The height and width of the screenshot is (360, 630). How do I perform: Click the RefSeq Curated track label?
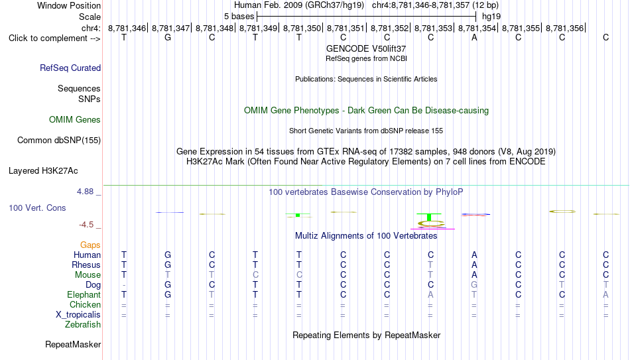click(x=70, y=68)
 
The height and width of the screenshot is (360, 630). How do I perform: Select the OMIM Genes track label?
click(x=75, y=120)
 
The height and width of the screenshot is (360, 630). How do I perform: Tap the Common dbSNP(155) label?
click(x=59, y=141)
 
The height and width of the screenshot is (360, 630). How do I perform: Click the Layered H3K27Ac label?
click(x=43, y=171)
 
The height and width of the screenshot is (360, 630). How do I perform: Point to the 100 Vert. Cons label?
click(x=37, y=208)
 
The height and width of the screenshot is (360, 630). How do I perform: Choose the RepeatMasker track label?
click(x=73, y=344)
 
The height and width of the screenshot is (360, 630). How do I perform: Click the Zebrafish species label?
click(x=83, y=324)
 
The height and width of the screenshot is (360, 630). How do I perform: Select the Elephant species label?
click(x=84, y=294)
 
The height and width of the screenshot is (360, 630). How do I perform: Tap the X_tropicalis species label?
click(x=78, y=315)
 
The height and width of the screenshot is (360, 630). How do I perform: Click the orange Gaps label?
click(x=90, y=245)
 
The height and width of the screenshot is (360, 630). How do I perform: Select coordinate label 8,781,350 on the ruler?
click(x=302, y=28)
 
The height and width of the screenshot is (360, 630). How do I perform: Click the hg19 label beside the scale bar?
click(x=491, y=17)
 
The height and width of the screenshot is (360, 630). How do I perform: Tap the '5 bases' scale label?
click(x=239, y=17)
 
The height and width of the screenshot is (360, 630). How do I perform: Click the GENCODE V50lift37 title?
click(x=366, y=48)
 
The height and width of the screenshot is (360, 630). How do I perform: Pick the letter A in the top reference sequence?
click(x=475, y=37)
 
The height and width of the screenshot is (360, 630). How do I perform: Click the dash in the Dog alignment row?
click(x=124, y=285)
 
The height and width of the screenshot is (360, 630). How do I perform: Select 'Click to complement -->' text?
click(x=54, y=38)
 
